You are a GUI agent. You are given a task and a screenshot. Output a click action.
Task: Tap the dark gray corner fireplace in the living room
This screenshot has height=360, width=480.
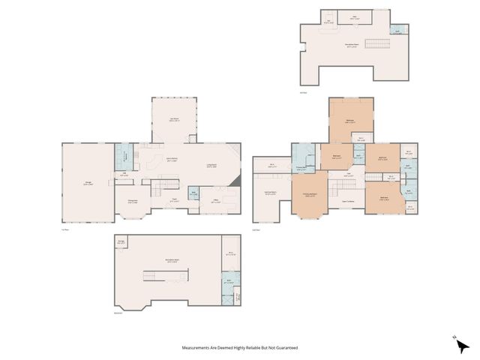[236, 181]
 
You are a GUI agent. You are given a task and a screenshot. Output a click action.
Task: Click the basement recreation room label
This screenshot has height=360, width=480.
[171, 261]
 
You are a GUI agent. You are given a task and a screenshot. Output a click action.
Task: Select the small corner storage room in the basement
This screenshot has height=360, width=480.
[121, 241]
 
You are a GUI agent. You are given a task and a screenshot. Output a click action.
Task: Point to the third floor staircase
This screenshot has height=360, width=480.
[375, 43]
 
